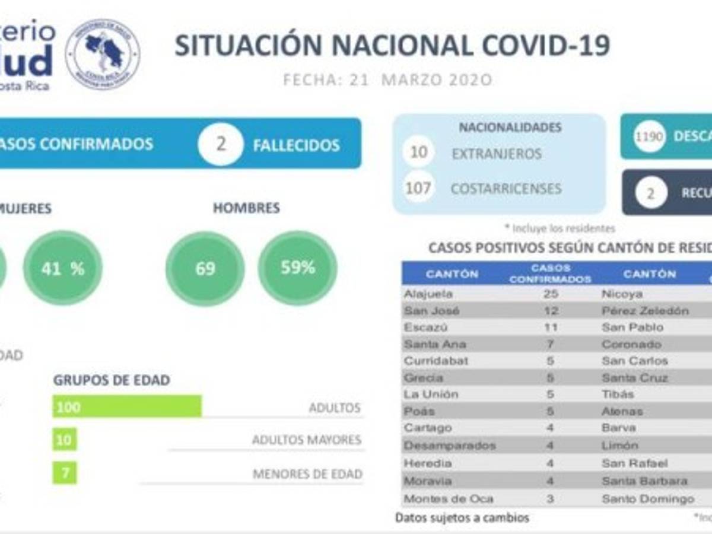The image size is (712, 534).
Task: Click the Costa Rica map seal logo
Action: (x=103, y=53)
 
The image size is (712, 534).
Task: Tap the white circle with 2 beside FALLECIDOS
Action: (x=221, y=144)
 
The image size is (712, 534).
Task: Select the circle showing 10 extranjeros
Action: (x=419, y=152)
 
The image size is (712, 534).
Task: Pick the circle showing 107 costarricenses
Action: (x=418, y=188)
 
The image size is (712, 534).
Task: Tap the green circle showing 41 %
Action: (x=63, y=269)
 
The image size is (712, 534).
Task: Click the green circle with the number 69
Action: (x=205, y=269)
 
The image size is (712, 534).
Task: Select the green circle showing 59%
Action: (x=298, y=268)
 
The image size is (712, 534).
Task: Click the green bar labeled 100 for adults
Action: (x=128, y=407)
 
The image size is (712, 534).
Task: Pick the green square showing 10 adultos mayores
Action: (x=65, y=440)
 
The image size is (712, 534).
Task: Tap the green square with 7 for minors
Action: (x=65, y=472)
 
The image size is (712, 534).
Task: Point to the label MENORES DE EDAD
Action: (x=307, y=474)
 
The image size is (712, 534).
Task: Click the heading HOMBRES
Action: (x=246, y=208)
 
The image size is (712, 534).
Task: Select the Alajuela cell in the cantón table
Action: (x=428, y=294)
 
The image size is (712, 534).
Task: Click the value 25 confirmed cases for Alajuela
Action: (x=550, y=294)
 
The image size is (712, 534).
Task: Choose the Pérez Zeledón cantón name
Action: (x=646, y=310)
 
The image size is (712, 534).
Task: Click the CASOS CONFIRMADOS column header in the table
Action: (x=550, y=274)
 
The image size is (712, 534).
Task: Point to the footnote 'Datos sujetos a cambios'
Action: (x=462, y=517)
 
